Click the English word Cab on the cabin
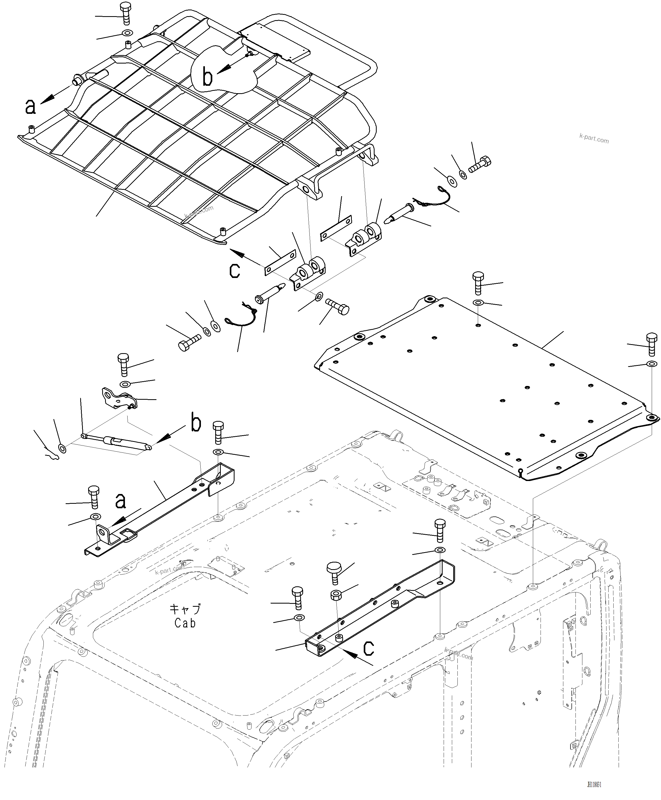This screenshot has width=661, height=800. coord(185,623)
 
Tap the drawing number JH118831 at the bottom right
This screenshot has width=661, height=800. coord(594,785)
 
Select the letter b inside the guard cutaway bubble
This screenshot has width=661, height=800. coord(208,77)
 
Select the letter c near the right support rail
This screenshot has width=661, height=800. coord(368,649)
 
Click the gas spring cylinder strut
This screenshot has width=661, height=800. coord(116,442)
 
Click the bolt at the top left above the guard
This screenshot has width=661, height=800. coord(126,13)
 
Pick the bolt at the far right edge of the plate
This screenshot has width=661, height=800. coord(651,344)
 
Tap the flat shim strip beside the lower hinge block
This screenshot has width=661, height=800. coord(280,262)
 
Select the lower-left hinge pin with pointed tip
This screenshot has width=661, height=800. coord(269,292)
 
